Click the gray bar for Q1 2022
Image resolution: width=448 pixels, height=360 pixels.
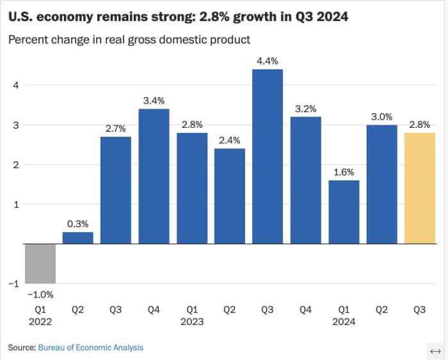40,263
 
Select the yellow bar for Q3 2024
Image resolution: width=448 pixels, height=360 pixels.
420,189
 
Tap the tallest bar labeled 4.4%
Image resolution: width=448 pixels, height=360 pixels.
268,157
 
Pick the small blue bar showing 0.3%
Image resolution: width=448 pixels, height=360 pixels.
77,238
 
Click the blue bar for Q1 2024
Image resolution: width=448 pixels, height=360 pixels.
344,212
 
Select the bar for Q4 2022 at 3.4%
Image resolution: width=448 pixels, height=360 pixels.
154,176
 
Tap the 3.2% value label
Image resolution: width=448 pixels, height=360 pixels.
306,109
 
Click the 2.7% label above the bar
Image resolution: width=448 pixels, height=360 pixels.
116,129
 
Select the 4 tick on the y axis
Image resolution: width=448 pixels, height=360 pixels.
17,85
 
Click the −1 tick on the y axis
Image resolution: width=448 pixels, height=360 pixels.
14,284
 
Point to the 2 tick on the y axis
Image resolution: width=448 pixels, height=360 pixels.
17,165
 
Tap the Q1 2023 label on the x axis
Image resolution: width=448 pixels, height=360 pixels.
191,315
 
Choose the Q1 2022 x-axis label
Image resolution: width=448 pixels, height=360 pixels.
40,315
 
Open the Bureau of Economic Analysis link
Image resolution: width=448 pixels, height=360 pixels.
90,347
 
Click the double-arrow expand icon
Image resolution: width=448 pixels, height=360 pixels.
435,352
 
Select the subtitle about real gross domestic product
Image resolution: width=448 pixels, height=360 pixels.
129,40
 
